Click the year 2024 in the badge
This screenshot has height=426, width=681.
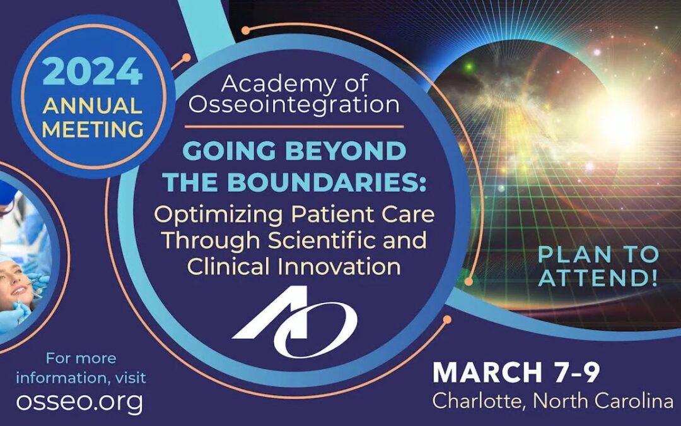click(x=93, y=71)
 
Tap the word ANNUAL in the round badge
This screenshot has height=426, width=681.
click(x=93, y=105)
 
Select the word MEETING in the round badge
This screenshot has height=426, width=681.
click(x=93, y=129)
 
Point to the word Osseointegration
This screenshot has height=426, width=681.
click(x=294, y=104)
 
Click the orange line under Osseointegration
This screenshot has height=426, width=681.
click(x=294, y=127)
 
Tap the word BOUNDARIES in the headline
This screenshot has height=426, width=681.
click(x=324, y=182)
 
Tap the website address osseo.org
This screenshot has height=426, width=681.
click(x=79, y=401)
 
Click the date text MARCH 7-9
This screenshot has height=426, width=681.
click(x=516, y=372)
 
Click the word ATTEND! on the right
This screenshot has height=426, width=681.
click(x=598, y=278)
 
